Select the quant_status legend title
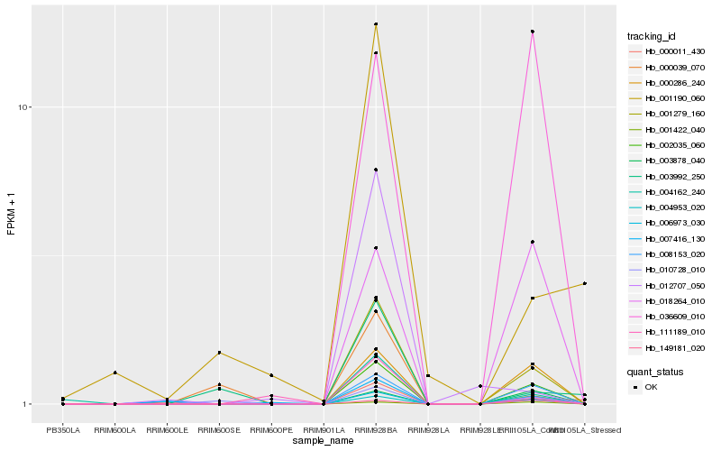coord(655,371)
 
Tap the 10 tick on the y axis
coord(25,107)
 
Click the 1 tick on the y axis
coord(27,404)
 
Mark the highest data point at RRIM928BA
coord(376,24)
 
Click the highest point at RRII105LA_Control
coord(533,32)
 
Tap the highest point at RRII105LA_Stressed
coord(585,283)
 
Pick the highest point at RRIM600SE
coord(219,353)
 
